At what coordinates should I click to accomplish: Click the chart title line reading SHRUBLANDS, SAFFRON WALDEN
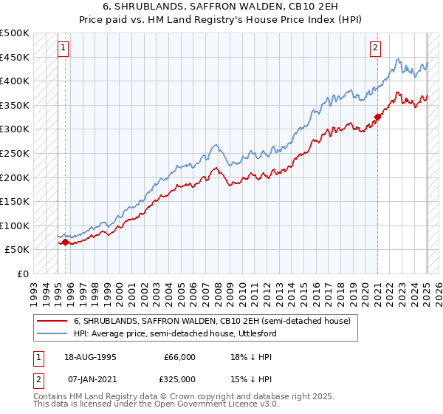point(221,6)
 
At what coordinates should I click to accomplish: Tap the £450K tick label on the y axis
point(15,57)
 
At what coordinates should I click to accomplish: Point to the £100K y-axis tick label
point(15,225)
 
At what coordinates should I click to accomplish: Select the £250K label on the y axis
point(15,153)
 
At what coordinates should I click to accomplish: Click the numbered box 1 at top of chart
point(63,49)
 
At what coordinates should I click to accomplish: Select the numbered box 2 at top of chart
point(375,49)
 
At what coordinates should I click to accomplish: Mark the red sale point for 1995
point(65,242)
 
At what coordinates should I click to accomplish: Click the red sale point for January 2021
point(377,116)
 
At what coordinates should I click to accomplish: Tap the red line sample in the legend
point(52,321)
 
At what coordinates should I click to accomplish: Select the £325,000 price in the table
point(179,379)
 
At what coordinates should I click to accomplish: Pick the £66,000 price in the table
point(179,357)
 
